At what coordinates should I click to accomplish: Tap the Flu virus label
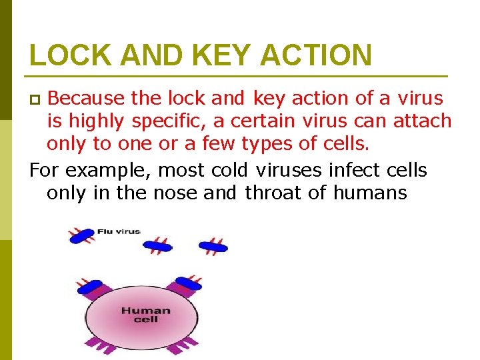pyautogui.click(x=119, y=231)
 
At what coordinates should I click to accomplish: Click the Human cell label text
pyautogui.click(x=145, y=315)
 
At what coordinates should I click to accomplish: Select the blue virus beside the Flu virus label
pyautogui.click(x=81, y=235)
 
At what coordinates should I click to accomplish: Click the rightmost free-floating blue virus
pyautogui.click(x=213, y=246)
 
